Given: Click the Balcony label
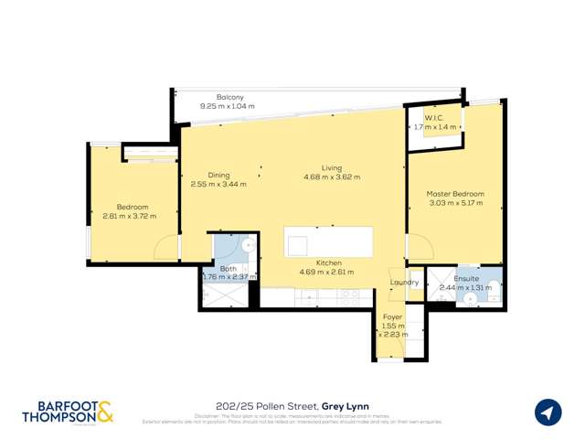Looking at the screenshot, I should coord(229,97).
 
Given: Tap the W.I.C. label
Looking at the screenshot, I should coord(434,117).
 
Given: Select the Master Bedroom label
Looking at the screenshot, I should coord(455,194).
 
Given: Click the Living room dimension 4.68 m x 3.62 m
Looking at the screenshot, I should coord(332,177).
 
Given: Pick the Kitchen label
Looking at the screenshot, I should coord(303,262).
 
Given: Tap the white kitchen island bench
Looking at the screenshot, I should coord(328,242).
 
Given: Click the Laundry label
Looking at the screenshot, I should coord(404,283).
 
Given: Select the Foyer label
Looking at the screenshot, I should coord(392,316).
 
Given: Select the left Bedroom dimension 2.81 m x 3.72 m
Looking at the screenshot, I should coord(129,217).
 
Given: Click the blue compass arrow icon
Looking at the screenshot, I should coord(548,412).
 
